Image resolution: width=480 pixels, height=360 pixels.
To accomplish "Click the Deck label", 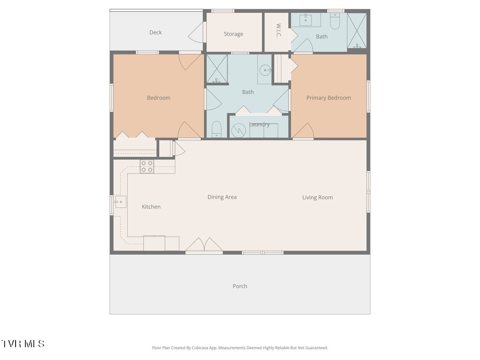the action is coord(156,32).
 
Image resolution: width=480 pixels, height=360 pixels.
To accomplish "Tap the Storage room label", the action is coord(233,34).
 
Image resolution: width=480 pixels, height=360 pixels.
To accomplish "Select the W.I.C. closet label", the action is coord(278,30).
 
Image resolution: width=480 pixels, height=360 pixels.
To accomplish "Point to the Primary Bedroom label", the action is coord(328,98).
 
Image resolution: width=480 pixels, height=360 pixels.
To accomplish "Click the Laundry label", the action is coord(259,124).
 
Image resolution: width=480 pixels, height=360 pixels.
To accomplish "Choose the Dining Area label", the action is coord(222,197).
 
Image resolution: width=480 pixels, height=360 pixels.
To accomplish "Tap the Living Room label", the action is coord(318,197).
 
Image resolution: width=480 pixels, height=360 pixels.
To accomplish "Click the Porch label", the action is coord(240,286).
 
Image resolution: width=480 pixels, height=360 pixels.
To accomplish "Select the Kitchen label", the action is coord(151,206).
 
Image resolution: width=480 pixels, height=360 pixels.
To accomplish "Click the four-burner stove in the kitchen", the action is coord(147,166).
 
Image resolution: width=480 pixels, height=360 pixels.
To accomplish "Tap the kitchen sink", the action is coord(120,202).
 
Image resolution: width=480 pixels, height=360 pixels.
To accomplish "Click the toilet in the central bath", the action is coord(216,129).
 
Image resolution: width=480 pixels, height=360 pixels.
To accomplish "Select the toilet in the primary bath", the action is coord(335,21).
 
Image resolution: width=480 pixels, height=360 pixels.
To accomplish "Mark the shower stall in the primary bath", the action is coord(357,31).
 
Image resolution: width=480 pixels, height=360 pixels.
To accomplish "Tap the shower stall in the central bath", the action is coord(217,69).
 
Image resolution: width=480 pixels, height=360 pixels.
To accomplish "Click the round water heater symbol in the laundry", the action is coord(238,131).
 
